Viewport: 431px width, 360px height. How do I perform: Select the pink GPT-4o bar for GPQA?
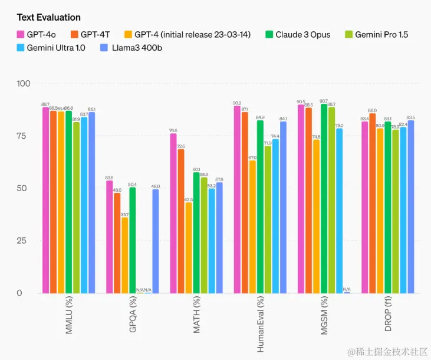pyautogui.click(x=110, y=236)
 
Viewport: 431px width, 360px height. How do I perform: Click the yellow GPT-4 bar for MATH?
pyautogui.click(x=189, y=248)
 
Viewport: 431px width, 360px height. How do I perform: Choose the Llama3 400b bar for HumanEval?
pyautogui.click(x=283, y=207)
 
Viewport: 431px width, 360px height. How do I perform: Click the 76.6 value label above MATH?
pyautogui.click(x=173, y=130)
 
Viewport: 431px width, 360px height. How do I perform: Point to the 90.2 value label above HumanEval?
pyautogui.click(x=237, y=103)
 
